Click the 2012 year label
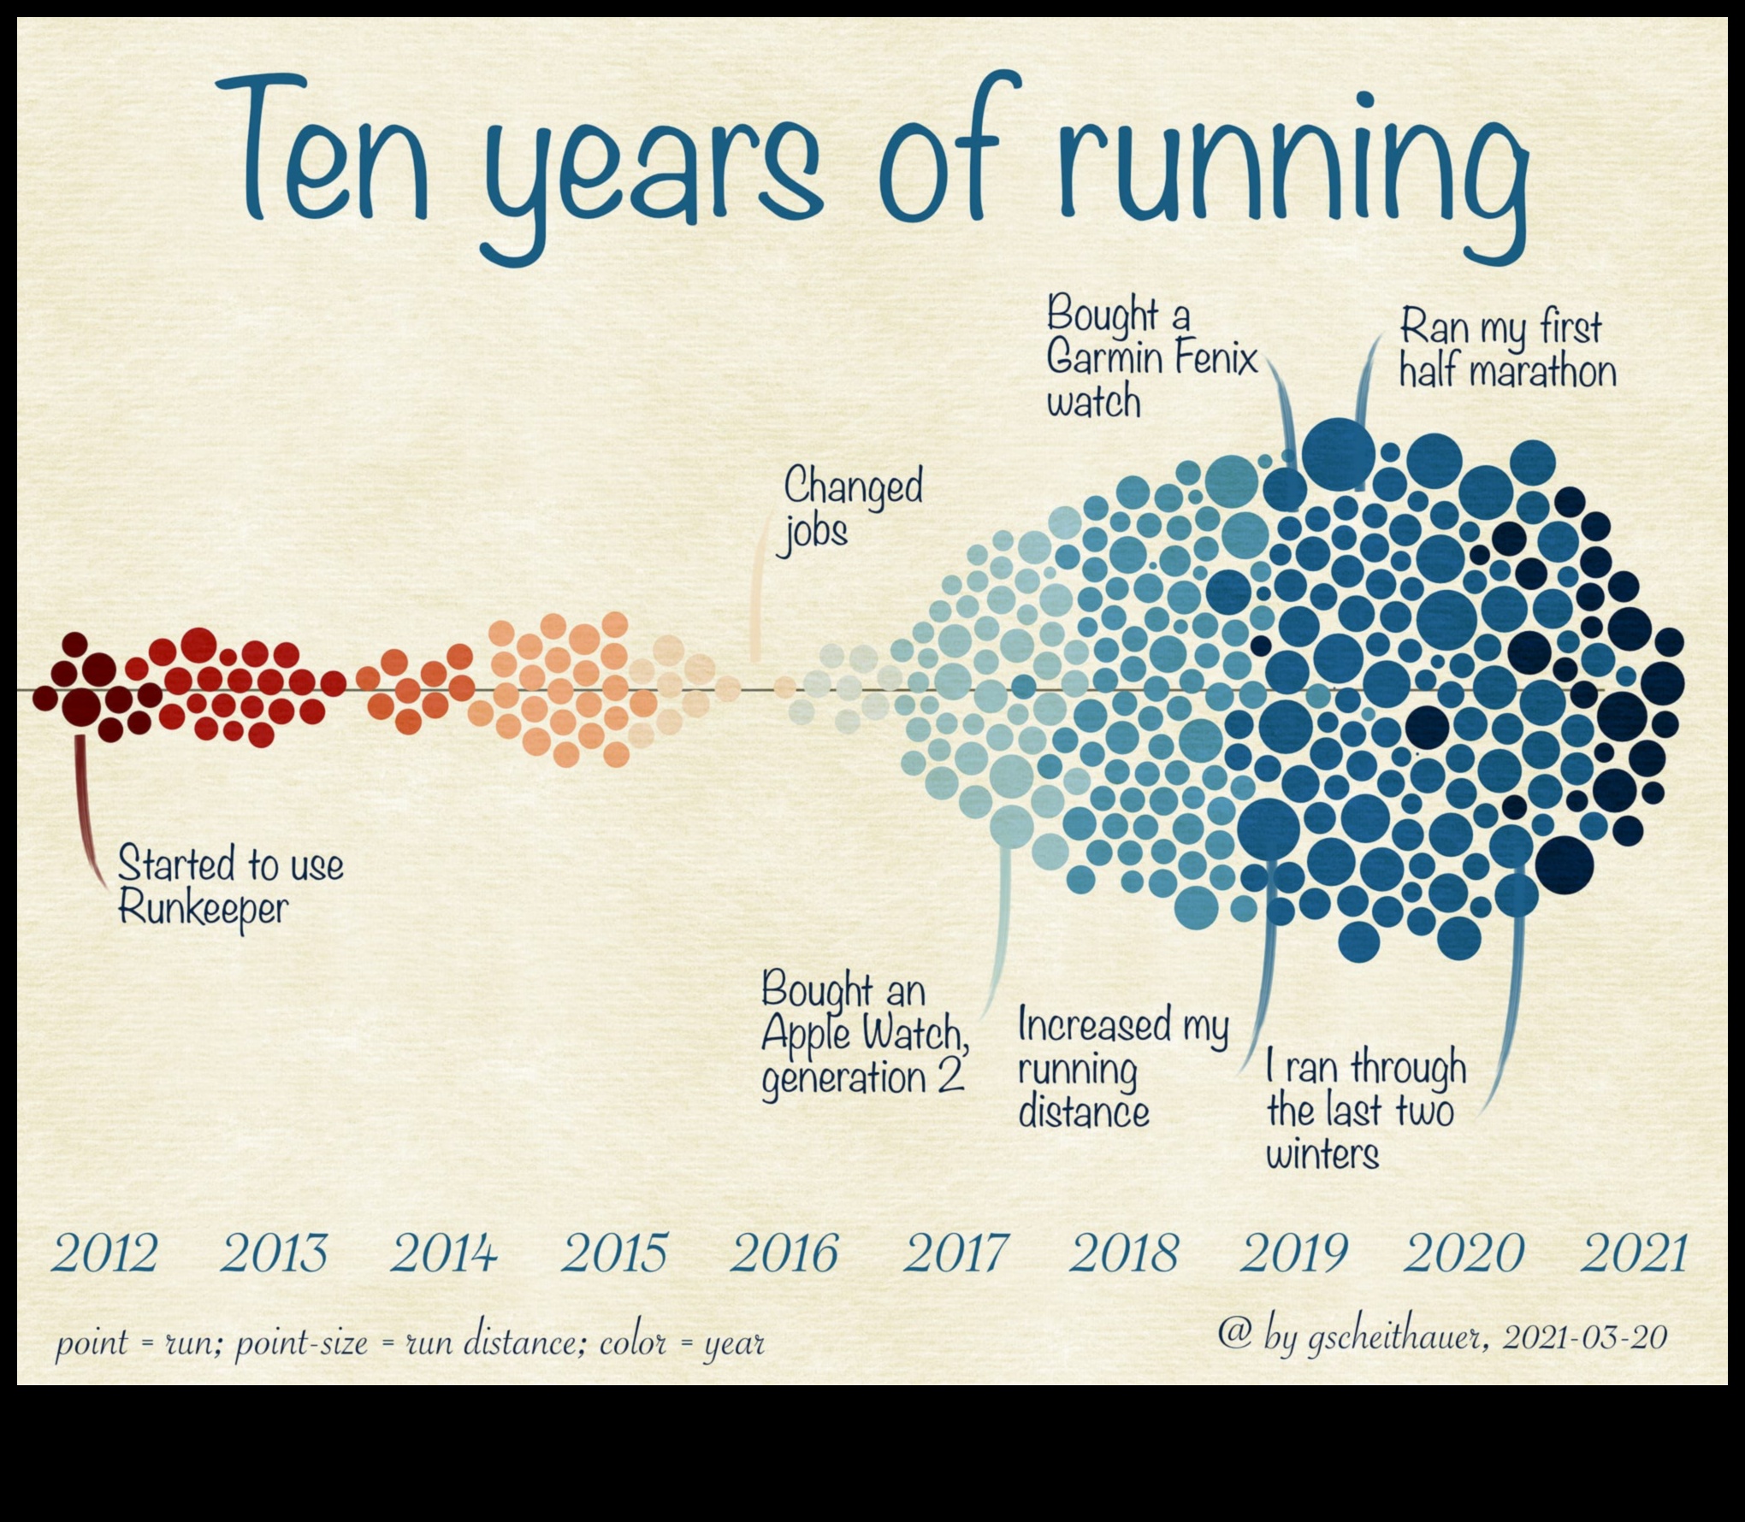pos(104,1254)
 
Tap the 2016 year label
pos(784,1254)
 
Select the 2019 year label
pos(1292,1254)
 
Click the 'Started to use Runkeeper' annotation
pos(229,885)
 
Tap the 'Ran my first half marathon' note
pos(1505,351)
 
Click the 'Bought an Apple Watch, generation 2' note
pos(864,1035)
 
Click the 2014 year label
pos(444,1254)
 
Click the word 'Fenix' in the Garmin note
pos(1215,358)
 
